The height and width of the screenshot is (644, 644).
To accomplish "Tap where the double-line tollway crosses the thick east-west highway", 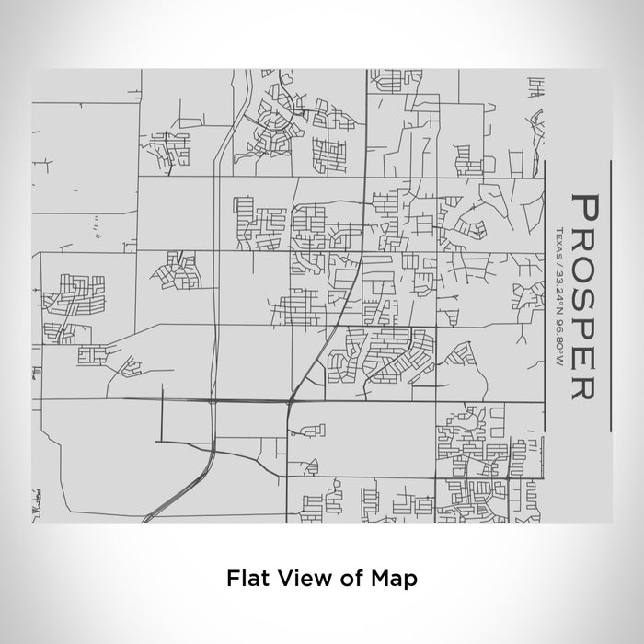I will click(x=215, y=401).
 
